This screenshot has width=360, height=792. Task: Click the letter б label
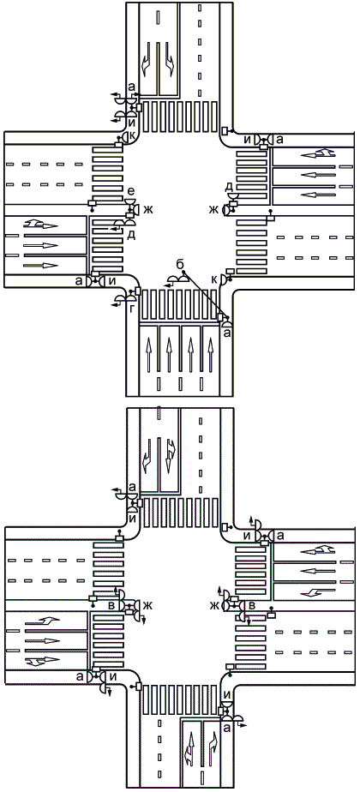[x=179, y=264]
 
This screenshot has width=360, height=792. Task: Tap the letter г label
[x=132, y=309]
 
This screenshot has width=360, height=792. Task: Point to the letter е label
[x=132, y=191]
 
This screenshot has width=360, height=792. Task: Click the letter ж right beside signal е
[x=148, y=208]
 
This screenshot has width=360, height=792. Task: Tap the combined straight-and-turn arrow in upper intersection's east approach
[x=317, y=152]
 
